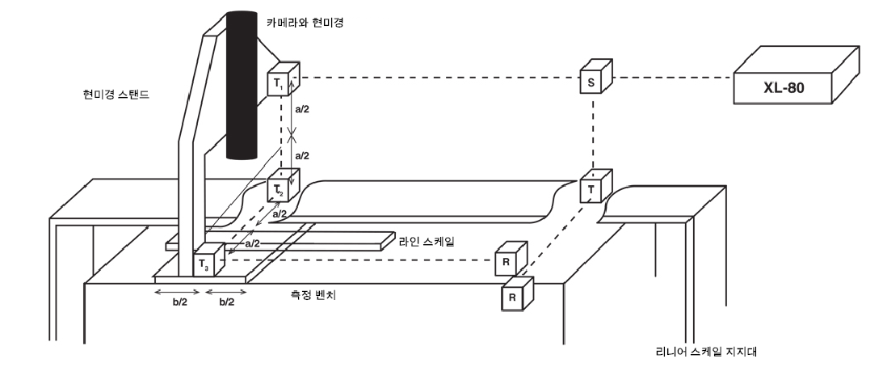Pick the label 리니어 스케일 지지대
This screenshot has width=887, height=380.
pos(708,352)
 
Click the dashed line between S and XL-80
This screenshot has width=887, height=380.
pos(671,78)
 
